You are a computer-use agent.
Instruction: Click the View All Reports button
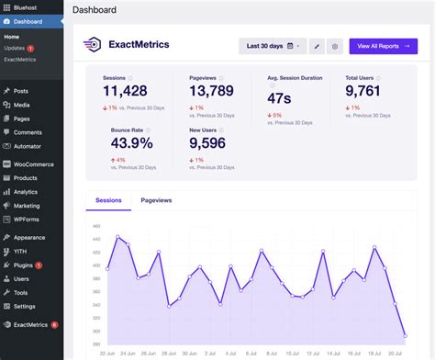[383, 45]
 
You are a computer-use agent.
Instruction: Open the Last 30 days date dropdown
[273, 45]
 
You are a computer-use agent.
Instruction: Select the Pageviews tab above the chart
[156, 199]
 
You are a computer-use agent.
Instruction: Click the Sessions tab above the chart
[108, 199]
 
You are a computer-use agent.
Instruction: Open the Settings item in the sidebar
[25, 306]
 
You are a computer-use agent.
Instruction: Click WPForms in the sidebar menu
[28, 219]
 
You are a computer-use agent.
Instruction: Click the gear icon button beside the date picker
[335, 45]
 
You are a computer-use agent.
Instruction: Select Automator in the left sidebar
[28, 146]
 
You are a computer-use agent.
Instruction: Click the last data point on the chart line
[405, 336]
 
